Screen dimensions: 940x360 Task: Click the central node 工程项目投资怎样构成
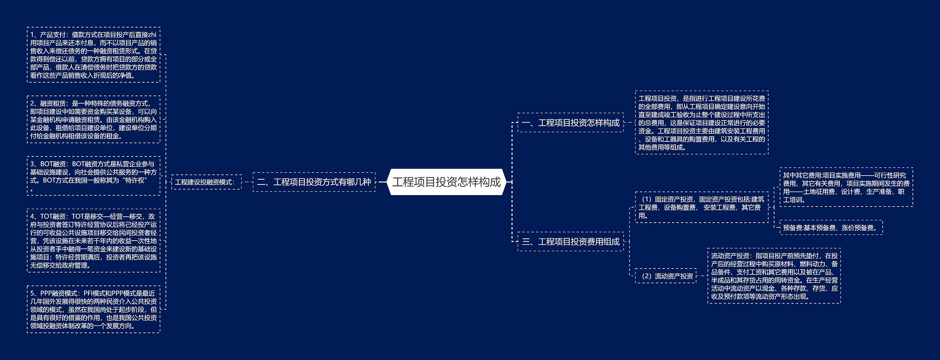(x=446, y=182)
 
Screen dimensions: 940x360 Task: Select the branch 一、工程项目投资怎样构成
(x=570, y=123)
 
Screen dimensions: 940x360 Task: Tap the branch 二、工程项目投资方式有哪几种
(x=314, y=182)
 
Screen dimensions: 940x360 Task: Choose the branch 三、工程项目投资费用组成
(x=570, y=242)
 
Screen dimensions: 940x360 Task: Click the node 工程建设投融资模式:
(x=206, y=182)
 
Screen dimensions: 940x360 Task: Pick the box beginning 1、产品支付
(x=93, y=55)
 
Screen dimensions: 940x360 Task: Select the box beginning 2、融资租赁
(x=93, y=120)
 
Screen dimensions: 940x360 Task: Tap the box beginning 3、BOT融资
(x=93, y=176)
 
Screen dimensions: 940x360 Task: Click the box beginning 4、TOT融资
(x=93, y=241)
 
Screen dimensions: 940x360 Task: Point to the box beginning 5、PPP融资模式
(x=93, y=309)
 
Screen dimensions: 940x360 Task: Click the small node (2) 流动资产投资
(x=665, y=276)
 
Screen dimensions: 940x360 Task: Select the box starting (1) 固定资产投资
(x=701, y=208)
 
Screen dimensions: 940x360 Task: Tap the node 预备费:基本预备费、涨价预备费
(x=831, y=228)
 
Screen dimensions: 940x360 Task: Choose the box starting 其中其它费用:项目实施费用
(x=846, y=187)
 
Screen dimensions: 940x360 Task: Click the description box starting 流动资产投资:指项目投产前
(x=774, y=276)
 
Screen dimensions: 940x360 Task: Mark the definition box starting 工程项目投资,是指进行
(x=701, y=123)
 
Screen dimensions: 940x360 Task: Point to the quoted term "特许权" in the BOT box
(x=136, y=180)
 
